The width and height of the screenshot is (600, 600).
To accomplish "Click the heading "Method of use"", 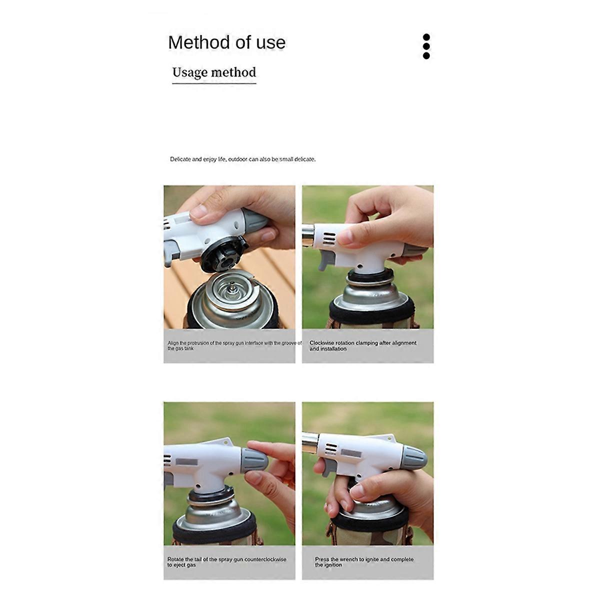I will pos(226,42).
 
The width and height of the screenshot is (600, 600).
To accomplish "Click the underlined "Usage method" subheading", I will pos(214,72).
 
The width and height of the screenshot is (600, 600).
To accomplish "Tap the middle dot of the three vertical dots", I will pos(426,46).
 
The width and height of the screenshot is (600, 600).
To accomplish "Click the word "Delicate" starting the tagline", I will pos(180,159).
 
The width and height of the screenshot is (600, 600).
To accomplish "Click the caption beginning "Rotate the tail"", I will pos(226,561).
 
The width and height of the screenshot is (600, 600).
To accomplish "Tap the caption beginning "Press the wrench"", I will pos(364,561).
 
